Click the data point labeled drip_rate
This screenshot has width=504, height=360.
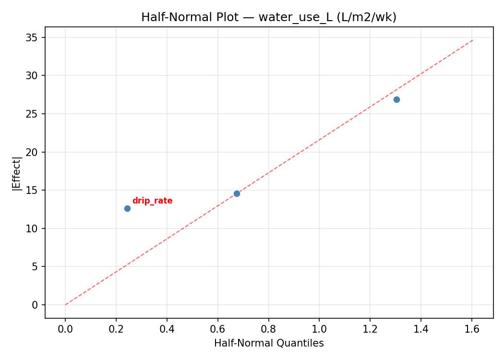pos(127,208)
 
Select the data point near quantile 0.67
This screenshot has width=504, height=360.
pos(237,193)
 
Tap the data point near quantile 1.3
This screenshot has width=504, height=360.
pos(396,99)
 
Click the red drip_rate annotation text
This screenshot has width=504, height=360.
pos(152,201)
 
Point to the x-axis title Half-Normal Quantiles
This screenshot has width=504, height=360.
pos(269,343)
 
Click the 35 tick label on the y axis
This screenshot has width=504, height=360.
pos(33,37)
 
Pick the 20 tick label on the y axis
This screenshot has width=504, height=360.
pos(33,152)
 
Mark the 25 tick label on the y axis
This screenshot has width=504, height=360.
pos(33,114)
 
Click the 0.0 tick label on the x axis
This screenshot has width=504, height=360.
pos(65,329)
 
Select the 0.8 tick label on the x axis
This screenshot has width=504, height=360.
pos(269,329)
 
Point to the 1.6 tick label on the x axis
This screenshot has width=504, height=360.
pos(472,329)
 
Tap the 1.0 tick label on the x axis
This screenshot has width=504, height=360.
pos(320,329)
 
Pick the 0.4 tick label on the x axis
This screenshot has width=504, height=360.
pos(167,329)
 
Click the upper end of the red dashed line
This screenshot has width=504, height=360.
pos(472,40)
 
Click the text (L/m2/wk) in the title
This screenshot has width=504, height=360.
pos(367,17)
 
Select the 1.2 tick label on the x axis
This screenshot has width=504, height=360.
pos(371,329)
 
